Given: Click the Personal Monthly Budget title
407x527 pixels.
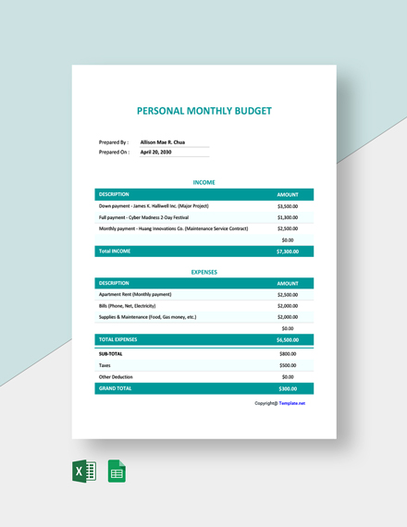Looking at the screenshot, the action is tap(204, 110).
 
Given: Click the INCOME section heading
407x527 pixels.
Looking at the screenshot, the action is tap(203, 183).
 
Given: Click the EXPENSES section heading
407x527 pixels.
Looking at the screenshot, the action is tap(203, 272).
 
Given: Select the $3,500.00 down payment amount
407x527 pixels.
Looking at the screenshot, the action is tap(287, 205).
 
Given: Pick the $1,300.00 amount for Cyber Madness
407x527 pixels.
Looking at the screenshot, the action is tap(287, 216).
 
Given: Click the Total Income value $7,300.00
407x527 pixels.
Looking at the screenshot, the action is tap(287, 251).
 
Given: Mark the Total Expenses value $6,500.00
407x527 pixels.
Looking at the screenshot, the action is tap(287, 340).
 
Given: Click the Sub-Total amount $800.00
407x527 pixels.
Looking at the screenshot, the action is tap(288, 353).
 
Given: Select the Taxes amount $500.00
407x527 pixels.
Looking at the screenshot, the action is tap(288, 365).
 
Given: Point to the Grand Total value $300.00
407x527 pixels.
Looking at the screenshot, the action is tap(288, 388).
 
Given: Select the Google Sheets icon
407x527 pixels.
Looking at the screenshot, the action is tap(117, 472).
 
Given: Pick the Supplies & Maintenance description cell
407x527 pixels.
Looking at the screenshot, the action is tap(147, 316).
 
